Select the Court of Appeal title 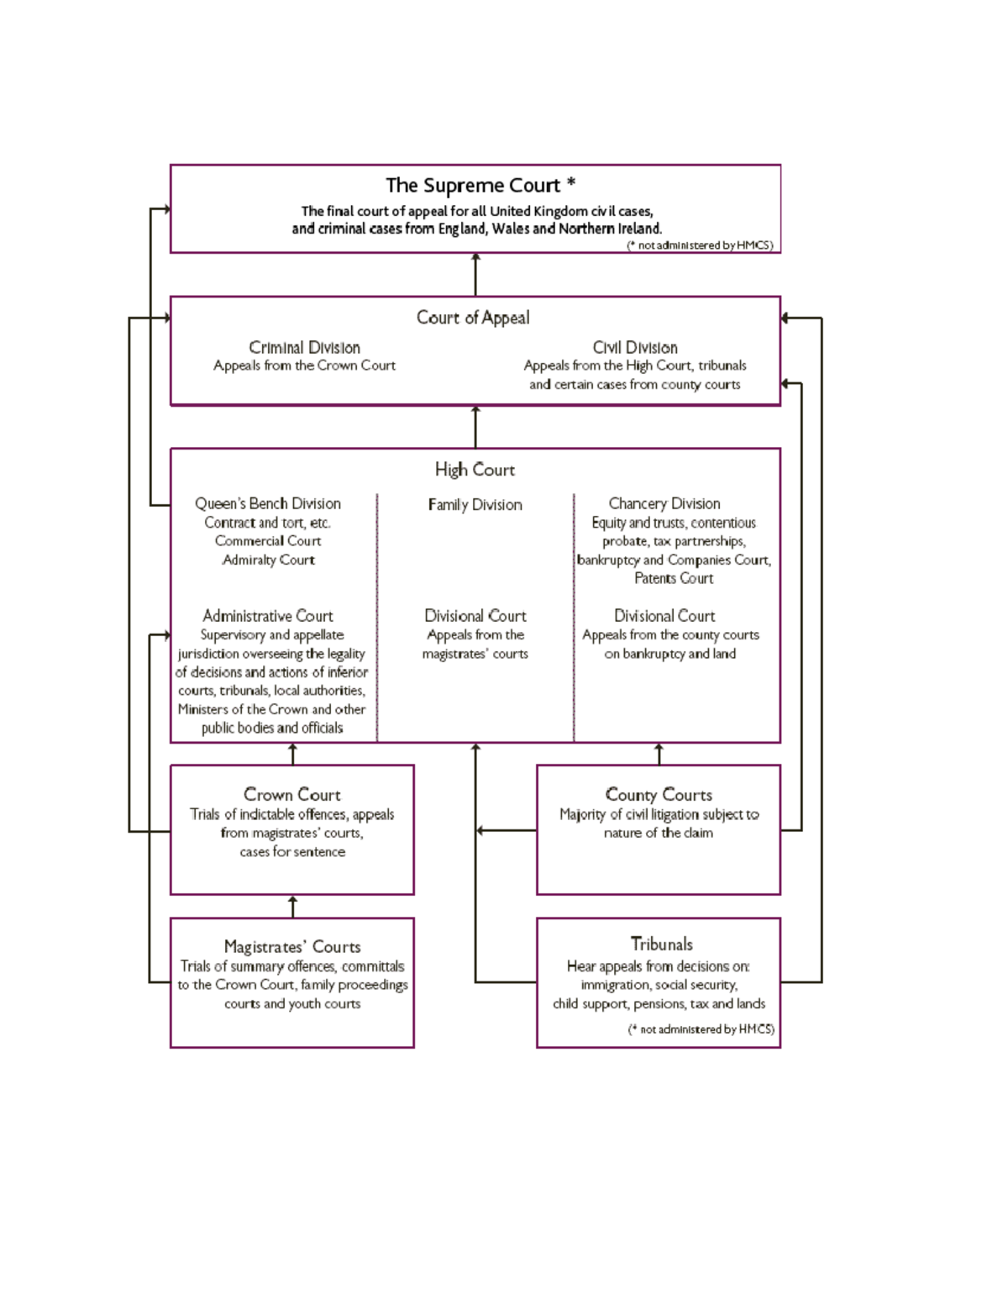[473, 318]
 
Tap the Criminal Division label [304, 348]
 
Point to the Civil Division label [635, 348]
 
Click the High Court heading [475, 470]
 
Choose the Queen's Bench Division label [268, 503]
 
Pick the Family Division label [475, 504]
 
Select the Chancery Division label [664, 503]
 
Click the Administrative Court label [268, 616]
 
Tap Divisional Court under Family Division [475, 616]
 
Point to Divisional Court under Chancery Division [664, 616]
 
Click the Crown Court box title [292, 794]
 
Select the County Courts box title [659, 794]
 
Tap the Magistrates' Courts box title [292, 947]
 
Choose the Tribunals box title [662, 944]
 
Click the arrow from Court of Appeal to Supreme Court [475, 274]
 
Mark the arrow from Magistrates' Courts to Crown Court [292, 906]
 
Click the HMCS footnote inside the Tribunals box [701, 1029]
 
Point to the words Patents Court [674, 578]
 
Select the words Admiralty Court [268, 560]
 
